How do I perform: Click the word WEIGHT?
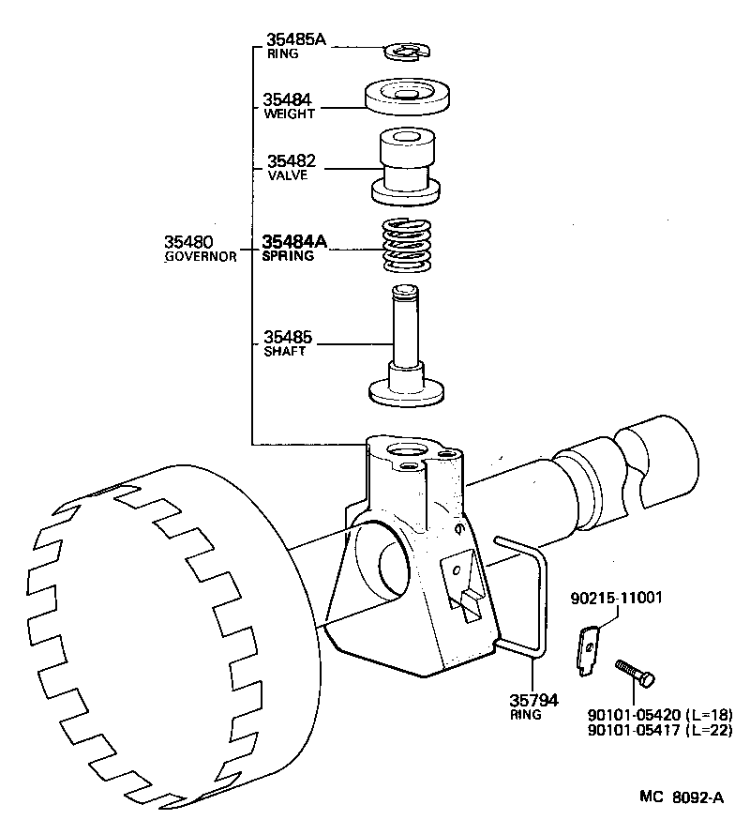[289, 114]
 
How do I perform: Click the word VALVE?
[287, 175]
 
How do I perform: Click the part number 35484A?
[294, 241]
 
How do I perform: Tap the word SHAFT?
[285, 351]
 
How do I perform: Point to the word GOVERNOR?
[200, 256]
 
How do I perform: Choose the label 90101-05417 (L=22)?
[659, 730]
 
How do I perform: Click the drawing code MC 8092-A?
[682, 797]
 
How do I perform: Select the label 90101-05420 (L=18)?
[659, 714]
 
